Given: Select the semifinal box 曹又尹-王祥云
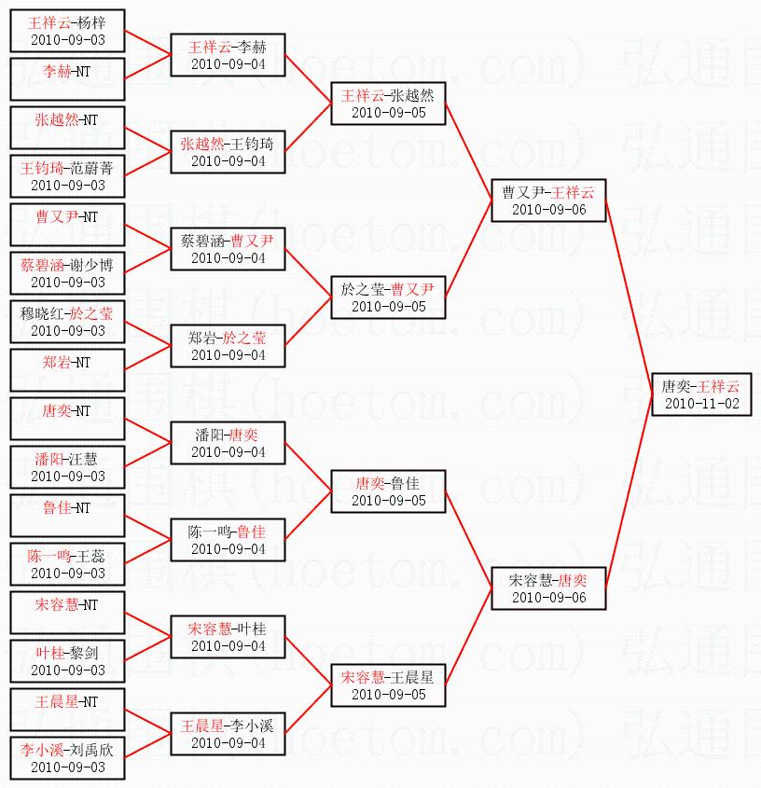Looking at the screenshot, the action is pos(548,200).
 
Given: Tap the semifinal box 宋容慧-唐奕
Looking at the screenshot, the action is pos(548,588).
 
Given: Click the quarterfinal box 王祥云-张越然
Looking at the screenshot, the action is pos(388,104).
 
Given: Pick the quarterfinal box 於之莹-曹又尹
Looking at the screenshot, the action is pos(388,297).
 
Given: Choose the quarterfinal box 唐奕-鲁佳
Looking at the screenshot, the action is pos(388,491).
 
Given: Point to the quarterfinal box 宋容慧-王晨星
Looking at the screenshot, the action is pos(388,685).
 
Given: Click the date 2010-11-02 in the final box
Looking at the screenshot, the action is pos(701,404).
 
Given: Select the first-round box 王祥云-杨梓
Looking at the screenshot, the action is pos(67,31).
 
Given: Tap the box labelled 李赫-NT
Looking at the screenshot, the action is pos(67,79).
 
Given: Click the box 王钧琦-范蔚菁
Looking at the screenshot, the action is pos(67,176).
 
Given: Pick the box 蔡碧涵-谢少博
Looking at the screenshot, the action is pos(67,273).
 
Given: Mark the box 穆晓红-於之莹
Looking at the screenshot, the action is pos(67,322).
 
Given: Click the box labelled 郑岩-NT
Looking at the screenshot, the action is pos(67,370).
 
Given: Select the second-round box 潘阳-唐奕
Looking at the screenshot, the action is pos(228,443).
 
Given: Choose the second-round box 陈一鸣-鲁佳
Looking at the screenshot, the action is pos(228,540).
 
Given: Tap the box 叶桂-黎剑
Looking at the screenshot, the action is pos(67,661).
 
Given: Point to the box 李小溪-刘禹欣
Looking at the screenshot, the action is pos(67,758).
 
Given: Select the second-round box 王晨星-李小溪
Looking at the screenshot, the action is pos(228,734).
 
